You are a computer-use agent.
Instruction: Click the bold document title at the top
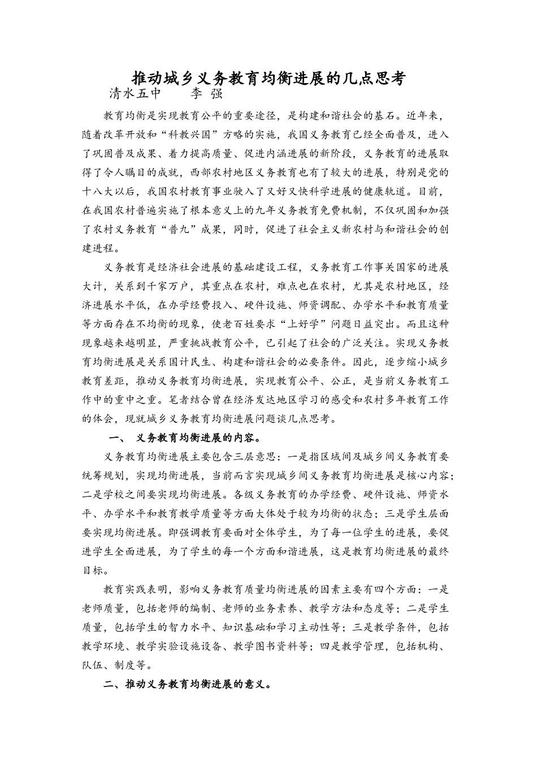pyautogui.click(x=268, y=78)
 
